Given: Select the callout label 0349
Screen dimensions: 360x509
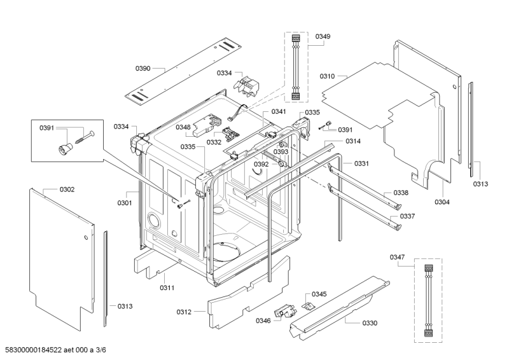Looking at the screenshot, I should [323, 38].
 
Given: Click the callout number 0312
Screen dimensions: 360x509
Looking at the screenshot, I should [184, 312].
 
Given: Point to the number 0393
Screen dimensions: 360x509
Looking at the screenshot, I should [281, 152].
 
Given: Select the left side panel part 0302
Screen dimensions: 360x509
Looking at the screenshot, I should [57, 254].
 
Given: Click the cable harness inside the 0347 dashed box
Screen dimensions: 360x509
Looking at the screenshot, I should [429, 297].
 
